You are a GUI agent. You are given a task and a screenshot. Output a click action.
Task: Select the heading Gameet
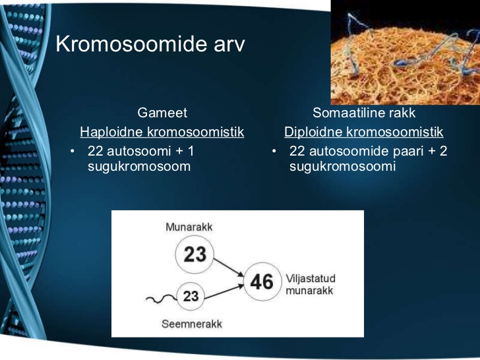[162, 113]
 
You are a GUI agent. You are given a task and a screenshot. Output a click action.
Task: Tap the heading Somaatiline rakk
[364, 113]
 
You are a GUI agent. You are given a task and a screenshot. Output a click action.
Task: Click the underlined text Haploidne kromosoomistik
[162, 132]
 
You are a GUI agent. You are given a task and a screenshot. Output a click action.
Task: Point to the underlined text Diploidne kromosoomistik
[364, 132]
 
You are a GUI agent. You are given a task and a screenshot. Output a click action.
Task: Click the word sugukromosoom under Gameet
[139, 167]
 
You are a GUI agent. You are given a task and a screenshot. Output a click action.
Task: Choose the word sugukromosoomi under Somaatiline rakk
[343, 167]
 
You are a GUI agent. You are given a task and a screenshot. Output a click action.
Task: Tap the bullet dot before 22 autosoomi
[73, 151]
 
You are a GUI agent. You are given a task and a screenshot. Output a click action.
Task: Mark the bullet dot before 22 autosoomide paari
[274, 151]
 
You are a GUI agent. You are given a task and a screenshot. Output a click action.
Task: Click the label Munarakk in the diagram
[189, 227]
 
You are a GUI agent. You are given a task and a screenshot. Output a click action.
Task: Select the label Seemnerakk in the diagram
[192, 324]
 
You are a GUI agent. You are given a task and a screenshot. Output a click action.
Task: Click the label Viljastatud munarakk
[311, 284]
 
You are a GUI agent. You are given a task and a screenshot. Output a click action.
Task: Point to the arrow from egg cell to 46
[229, 268]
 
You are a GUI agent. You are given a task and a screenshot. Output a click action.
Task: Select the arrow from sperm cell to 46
[224, 291]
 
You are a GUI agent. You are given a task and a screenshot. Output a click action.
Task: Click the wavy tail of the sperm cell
[162, 299]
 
